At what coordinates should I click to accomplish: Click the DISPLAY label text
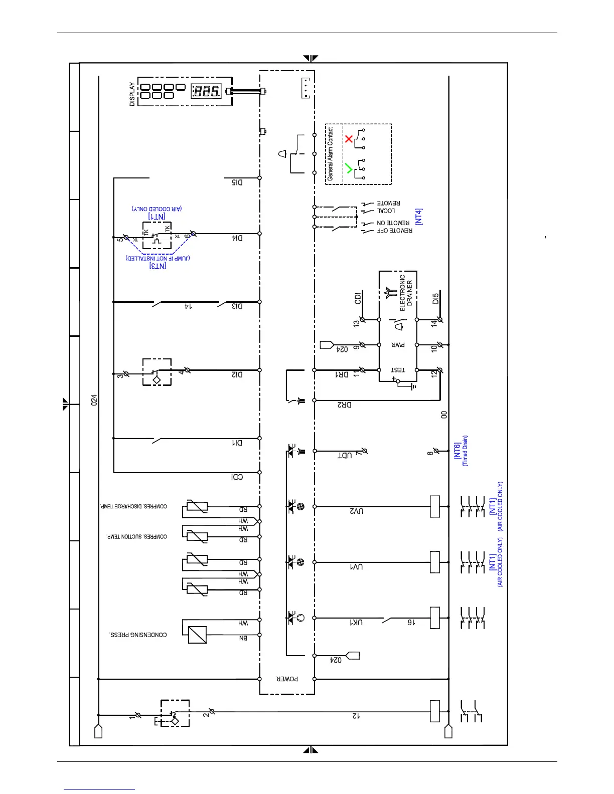pyautogui.click(x=132, y=94)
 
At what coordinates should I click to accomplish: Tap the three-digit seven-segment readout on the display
pyautogui.click(x=206, y=91)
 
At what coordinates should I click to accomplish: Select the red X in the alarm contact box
pyautogui.click(x=349, y=138)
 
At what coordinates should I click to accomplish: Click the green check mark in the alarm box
pyautogui.click(x=349, y=168)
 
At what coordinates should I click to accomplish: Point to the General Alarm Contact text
pyautogui.click(x=330, y=154)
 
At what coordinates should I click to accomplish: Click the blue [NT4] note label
pyautogui.click(x=419, y=217)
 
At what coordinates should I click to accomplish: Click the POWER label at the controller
pyautogui.click(x=287, y=679)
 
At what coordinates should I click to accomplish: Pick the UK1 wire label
pyautogui.click(x=356, y=622)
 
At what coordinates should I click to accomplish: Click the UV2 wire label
pyautogui.click(x=357, y=511)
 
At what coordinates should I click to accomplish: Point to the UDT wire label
pyautogui.click(x=345, y=455)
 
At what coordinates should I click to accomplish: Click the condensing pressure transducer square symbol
pyautogui.click(x=197, y=635)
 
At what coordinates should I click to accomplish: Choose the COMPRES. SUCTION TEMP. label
pyautogui.click(x=136, y=536)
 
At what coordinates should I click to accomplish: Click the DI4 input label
pyautogui.click(x=237, y=238)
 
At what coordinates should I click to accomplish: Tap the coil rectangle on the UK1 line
pyautogui.click(x=435, y=618)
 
